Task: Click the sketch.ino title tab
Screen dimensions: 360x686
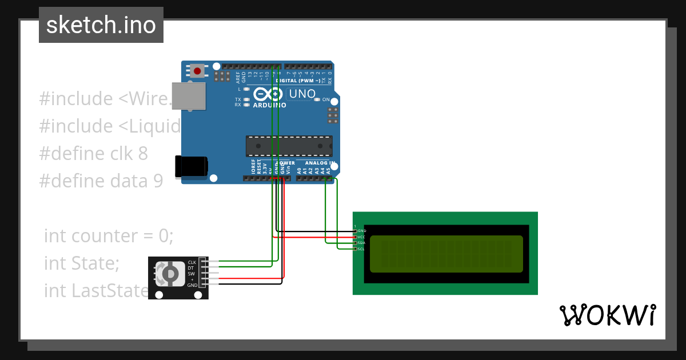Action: pyautogui.click(x=101, y=25)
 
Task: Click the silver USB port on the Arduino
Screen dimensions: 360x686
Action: pyautogui.click(x=189, y=95)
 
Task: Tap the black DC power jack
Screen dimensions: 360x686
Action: pyautogui.click(x=191, y=166)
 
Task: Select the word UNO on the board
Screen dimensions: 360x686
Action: pyautogui.click(x=302, y=94)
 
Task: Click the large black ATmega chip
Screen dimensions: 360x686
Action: pyautogui.click(x=289, y=146)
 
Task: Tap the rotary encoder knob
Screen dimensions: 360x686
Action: pyautogui.click(x=170, y=275)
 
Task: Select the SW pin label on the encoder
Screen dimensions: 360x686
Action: pyautogui.click(x=191, y=274)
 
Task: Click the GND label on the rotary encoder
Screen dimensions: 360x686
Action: pyautogui.click(x=192, y=285)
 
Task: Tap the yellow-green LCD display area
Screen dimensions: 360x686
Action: pyautogui.click(x=446, y=254)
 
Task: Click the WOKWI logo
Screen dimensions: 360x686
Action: pyautogui.click(x=607, y=315)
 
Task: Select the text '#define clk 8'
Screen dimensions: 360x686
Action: pyautogui.click(x=93, y=154)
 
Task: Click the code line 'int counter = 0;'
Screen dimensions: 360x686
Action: pyautogui.click(x=109, y=236)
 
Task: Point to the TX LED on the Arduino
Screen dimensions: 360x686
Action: pyautogui.click(x=246, y=99)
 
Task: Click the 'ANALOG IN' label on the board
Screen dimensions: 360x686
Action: pyautogui.click(x=319, y=163)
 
